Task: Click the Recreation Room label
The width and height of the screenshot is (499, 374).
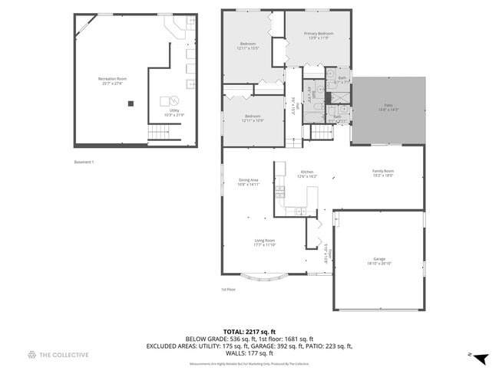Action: coord(112,80)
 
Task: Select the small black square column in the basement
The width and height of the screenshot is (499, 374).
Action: coord(131,103)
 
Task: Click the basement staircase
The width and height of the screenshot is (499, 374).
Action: coord(158,134)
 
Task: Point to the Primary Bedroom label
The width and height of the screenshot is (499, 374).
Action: coord(318,35)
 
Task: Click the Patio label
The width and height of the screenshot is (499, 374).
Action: coord(388,109)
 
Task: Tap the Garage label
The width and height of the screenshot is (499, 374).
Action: coord(379,261)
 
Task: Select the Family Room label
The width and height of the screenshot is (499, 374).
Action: coord(383,172)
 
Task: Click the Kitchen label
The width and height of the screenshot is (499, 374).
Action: coord(307,173)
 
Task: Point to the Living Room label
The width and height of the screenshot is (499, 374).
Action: coord(265,243)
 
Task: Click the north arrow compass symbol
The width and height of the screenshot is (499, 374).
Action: coord(480,358)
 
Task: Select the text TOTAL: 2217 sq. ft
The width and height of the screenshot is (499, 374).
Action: coord(249,330)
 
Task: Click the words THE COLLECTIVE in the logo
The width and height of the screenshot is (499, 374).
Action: coord(64,355)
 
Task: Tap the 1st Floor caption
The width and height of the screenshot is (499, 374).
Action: coord(228,290)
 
